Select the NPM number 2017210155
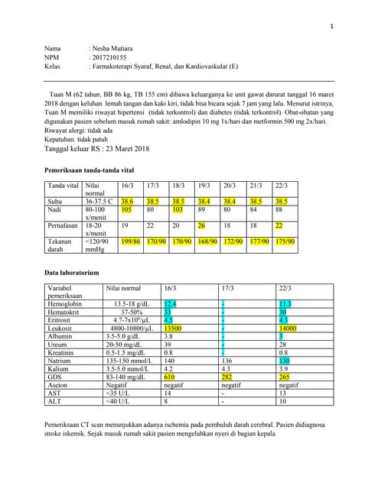[x=113, y=57]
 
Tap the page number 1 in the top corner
[x=332, y=27]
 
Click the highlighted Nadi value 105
[x=127, y=209]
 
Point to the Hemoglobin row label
[x=65, y=303]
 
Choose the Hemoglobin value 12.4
[x=170, y=303]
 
